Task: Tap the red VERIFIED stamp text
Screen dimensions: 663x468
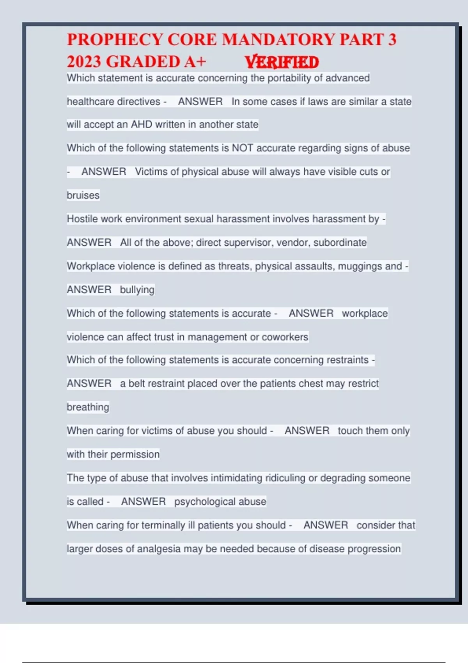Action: click(282, 62)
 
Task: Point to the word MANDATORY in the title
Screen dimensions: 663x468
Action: click(278, 40)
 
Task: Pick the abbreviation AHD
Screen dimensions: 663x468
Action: click(141, 124)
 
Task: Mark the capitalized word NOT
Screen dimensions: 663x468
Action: click(243, 148)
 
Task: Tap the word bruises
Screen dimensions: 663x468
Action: click(83, 195)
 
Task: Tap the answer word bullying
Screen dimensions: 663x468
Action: click(137, 290)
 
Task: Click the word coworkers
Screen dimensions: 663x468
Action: click(285, 337)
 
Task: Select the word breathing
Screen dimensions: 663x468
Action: click(88, 407)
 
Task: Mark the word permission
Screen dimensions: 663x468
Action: click(135, 454)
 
